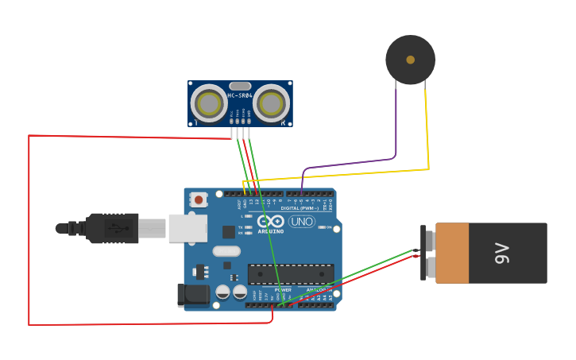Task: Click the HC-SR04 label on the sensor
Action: point(240,95)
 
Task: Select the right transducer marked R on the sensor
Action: point(271,103)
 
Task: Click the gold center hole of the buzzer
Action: point(410,60)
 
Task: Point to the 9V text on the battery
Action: point(502,254)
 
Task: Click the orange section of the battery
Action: point(452,253)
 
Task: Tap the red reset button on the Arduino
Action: point(198,199)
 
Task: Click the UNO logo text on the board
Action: point(302,222)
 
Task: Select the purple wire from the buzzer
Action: point(396,127)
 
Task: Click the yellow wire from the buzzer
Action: point(428,127)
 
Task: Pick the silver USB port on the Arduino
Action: point(187,228)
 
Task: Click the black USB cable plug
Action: point(111,228)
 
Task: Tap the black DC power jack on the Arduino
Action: point(193,295)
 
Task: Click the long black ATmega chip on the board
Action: point(290,274)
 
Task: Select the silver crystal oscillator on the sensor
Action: point(240,86)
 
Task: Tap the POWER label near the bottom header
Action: point(283,290)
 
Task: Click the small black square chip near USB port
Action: point(229,231)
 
